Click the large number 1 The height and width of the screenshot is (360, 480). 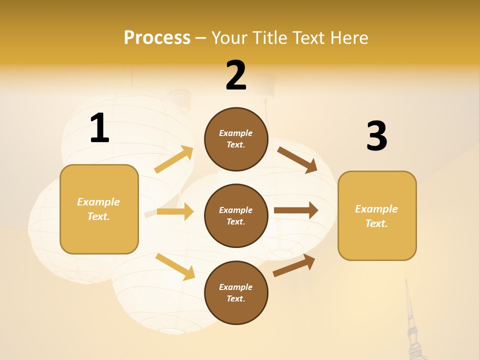99,128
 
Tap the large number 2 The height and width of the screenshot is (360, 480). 236,75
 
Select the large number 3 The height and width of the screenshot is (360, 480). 376,136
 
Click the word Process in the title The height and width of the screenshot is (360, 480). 157,37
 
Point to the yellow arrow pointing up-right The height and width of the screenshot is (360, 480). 174,159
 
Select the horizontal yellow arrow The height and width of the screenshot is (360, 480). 175,211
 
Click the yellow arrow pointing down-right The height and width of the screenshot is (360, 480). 175,266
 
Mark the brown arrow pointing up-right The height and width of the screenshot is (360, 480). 294,265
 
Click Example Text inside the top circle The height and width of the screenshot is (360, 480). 236,139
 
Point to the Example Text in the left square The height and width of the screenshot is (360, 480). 99,209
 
